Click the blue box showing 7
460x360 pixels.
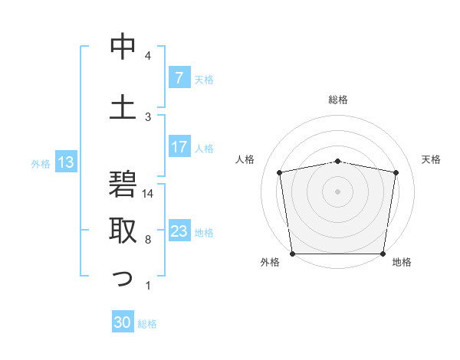pyautogui.click(x=179, y=78)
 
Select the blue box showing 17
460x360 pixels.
pyautogui.click(x=179, y=147)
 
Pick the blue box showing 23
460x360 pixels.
pyautogui.click(x=179, y=231)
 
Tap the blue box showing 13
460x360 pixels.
pyautogui.click(x=65, y=162)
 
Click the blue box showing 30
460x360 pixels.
pyautogui.click(x=123, y=322)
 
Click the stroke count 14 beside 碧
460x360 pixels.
pyautogui.click(x=148, y=194)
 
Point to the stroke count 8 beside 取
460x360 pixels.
pyautogui.click(x=148, y=240)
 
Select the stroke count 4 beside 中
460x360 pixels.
pyautogui.click(x=148, y=56)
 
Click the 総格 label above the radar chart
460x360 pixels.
pyautogui.click(x=337, y=100)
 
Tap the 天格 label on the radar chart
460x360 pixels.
pyautogui.click(x=431, y=159)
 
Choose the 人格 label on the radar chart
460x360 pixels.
pyautogui.click(x=245, y=159)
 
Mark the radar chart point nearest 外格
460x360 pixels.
pyautogui.click(x=292, y=254)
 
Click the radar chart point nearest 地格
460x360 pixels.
pyautogui.click(x=383, y=254)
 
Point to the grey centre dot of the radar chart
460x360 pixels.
pyautogui.click(x=337, y=191)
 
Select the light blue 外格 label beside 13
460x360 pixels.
pyautogui.click(x=40, y=163)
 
